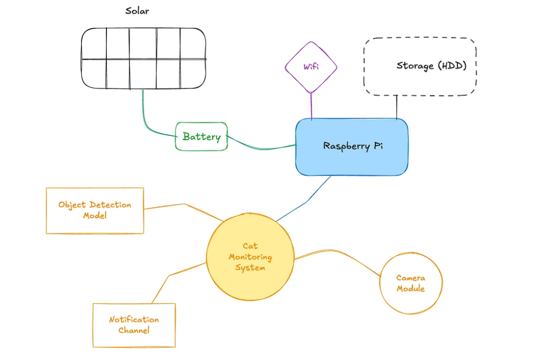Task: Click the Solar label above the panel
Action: click(x=137, y=11)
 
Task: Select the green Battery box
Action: click(x=201, y=136)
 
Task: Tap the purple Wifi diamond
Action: click(x=311, y=67)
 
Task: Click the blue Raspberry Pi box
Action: click(x=352, y=147)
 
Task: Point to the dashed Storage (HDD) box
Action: click(x=420, y=66)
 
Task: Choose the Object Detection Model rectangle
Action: click(x=94, y=210)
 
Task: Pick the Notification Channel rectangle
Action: click(x=134, y=325)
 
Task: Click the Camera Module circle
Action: click(x=411, y=283)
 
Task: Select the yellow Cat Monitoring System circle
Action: click(x=250, y=257)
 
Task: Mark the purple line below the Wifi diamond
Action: click(x=311, y=106)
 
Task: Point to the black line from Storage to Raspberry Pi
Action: click(x=397, y=107)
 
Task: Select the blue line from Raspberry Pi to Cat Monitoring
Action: click(x=306, y=201)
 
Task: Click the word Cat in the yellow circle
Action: click(x=250, y=246)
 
